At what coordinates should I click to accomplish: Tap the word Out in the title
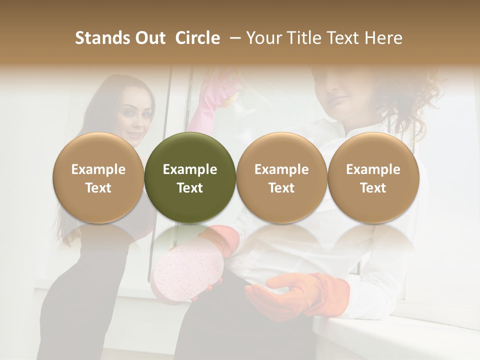point(148,38)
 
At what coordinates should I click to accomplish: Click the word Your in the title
point(263,38)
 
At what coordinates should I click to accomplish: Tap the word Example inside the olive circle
point(190,169)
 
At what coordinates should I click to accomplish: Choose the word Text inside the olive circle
point(190,188)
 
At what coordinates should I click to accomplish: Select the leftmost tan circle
point(98,177)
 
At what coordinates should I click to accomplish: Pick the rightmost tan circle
point(373,177)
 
